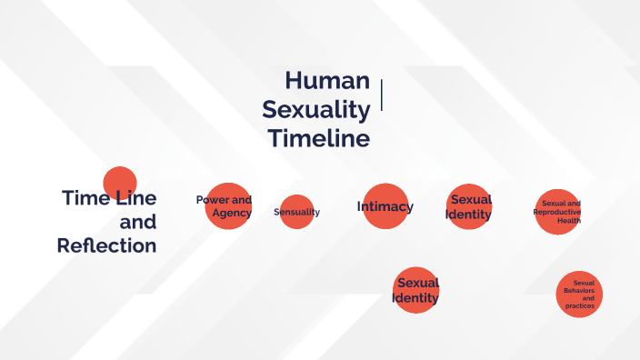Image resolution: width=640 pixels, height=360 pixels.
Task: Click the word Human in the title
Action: point(327,81)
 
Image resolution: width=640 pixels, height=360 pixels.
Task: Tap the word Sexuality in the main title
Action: point(315,110)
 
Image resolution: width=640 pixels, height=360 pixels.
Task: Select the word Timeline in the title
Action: point(319,139)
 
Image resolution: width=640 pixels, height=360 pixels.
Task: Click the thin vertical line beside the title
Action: point(382,95)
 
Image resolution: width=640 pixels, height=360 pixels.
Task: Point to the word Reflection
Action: point(106,245)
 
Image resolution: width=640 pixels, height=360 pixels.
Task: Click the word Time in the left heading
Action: point(85,197)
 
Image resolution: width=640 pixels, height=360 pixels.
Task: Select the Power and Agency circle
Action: point(227,206)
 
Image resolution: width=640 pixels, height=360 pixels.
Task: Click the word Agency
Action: point(232,213)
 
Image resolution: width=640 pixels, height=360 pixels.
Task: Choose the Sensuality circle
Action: point(296,212)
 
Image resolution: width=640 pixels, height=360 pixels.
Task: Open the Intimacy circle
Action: point(385,206)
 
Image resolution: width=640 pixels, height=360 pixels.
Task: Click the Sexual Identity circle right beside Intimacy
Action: point(470,206)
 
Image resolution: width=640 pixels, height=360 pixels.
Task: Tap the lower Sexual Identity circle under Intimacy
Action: point(416,290)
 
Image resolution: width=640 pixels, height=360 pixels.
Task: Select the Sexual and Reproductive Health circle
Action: point(557,212)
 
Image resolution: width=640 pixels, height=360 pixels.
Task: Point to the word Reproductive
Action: point(556,212)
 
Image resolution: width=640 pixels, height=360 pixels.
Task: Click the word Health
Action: point(569,220)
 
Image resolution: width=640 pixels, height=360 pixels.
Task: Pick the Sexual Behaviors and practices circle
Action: point(579,295)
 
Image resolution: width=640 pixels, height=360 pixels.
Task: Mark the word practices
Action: point(579,306)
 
